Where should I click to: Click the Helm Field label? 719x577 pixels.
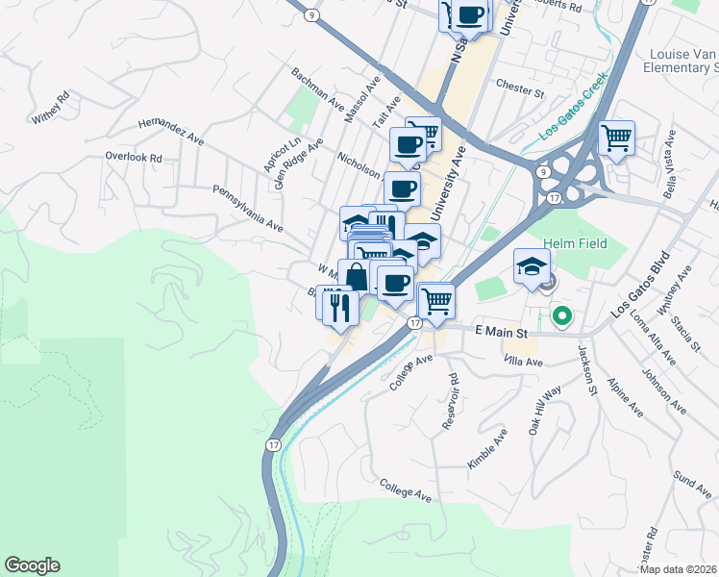click(575, 243)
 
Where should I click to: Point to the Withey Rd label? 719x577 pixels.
click(51, 106)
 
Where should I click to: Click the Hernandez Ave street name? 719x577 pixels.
click(171, 131)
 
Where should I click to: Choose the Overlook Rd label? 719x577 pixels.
click(133, 157)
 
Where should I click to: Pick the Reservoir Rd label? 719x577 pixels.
click(451, 395)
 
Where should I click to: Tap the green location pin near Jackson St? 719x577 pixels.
click(561, 314)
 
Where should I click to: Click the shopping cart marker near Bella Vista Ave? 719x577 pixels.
click(615, 137)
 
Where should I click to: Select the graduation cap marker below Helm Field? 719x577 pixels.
click(532, 266)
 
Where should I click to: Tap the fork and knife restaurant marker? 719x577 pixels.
click(336, 304)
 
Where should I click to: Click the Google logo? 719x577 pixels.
click(32, 565)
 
